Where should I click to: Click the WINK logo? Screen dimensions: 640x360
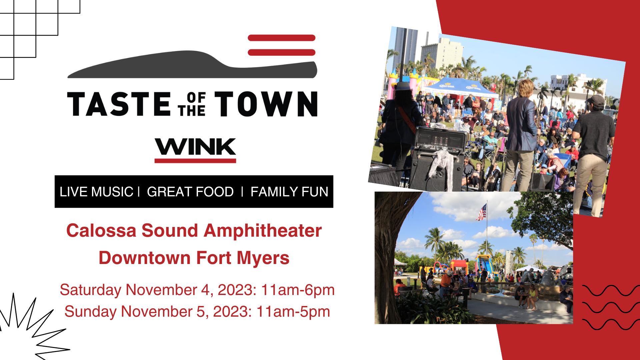click(195, 150)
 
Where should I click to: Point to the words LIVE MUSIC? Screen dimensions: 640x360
click(96, 192)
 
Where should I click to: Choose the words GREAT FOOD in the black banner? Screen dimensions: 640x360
click(190, 192)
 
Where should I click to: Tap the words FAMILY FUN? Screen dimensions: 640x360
click(289, 192)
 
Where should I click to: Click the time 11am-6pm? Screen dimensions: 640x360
click(298, 290)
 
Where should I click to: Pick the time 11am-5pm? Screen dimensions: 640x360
click(293, 312)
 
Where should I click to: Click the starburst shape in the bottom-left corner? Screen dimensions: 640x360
click(32, 328)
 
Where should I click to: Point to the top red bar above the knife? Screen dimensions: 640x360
click(282, 38)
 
